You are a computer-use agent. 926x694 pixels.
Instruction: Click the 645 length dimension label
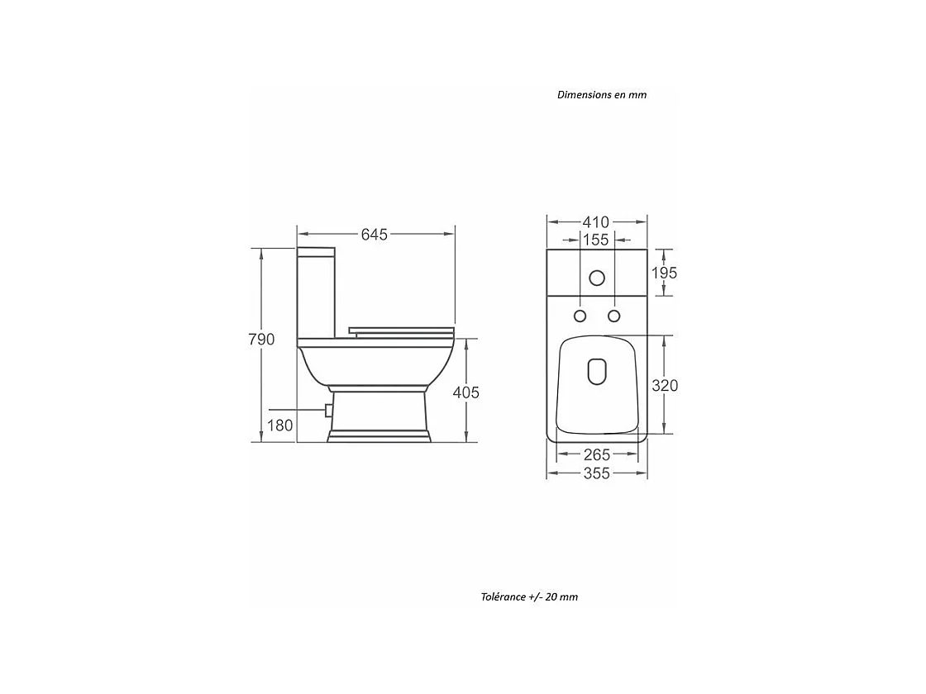point(375,235)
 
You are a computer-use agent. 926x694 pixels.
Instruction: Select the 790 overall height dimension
point(261,340)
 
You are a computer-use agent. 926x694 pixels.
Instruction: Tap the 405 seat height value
point(466,392)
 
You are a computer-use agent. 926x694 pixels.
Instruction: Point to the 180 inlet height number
point(280,425)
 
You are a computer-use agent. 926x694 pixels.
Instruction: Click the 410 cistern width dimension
point(596,222)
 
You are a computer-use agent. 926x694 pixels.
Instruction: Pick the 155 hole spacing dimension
point(595,240)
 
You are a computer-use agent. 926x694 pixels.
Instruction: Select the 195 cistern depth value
point(665,273)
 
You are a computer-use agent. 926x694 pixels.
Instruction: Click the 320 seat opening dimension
point(665,385)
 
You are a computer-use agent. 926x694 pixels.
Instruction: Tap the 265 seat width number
point(596,454)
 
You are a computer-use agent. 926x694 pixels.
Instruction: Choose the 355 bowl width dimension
point(596,473)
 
